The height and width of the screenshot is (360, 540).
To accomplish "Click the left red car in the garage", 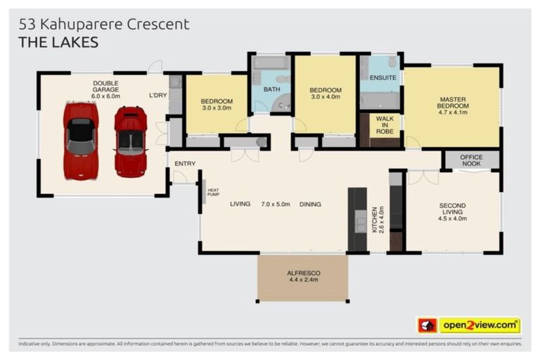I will tap(80, 141).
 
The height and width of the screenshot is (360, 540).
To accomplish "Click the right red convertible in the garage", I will tap(131, 141).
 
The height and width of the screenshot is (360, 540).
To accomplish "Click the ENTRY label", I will tap(185, 163).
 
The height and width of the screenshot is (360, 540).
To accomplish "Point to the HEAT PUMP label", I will tap(213, 191).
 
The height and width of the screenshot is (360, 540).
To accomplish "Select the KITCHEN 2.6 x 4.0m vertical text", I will tap(377, 219).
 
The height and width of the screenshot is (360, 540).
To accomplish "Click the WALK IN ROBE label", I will tap(385, 124).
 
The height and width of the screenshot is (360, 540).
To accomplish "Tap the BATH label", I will tap(271, 89).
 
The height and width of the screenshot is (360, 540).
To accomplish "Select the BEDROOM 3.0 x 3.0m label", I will tap(217, 105).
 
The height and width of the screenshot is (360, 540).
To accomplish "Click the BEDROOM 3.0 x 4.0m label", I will tap(326, 94).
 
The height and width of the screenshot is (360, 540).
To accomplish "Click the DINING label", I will tap(309, 205).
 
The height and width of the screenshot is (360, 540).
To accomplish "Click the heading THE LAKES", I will tap(58, 42).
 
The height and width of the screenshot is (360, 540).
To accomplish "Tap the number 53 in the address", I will tap(27, 24).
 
